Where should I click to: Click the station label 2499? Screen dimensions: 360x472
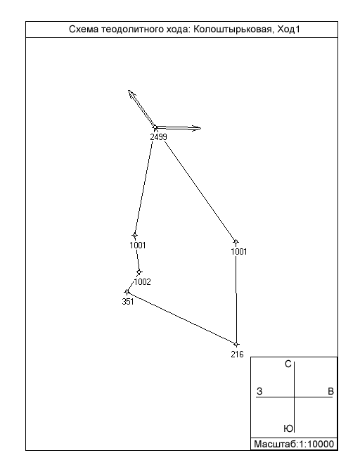[x=159, y=137]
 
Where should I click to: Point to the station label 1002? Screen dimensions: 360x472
[x=142, y=282]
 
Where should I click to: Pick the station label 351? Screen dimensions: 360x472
[x=128, y=302]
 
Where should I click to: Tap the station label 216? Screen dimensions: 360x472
[x=237, y=355]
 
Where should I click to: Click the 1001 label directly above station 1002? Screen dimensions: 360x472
[x=138, y=245]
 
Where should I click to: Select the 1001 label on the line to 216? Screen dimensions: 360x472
[x=238, y=252]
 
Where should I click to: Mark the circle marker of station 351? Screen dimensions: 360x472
[x=127, y=291]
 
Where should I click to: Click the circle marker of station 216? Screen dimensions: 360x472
[x=236, y=344]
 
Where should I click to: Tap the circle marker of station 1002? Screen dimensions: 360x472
[x=139, y=272]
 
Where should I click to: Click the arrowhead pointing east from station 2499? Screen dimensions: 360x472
[x=196, y=128]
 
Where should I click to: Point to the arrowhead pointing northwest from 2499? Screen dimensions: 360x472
[x=131, y=94]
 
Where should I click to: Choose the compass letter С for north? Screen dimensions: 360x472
[x=288, y=364]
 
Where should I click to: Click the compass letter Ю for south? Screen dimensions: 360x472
[x=288, y=428]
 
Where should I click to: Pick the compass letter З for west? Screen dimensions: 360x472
[x=259, y=391]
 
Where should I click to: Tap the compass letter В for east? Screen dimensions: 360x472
[x=330, y=391]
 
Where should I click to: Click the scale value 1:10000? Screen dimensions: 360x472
[x=316, y=445]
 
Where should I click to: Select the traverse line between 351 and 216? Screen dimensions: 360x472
[x=181, y=318]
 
